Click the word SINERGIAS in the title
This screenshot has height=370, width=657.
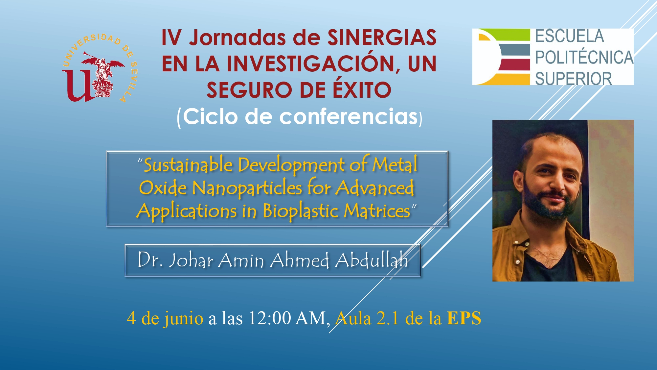pos(382,37)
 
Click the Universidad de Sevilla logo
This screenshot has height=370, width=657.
pos(100,68)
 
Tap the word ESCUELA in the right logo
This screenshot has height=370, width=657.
pos(570,36)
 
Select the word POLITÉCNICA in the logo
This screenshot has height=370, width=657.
pos(584,57)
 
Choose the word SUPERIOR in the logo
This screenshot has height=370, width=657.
pos(573,79)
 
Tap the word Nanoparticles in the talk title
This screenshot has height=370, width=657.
pos(247,188)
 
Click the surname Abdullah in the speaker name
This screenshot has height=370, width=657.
pos(372,260)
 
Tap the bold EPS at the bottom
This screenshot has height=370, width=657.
pos(464,318)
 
